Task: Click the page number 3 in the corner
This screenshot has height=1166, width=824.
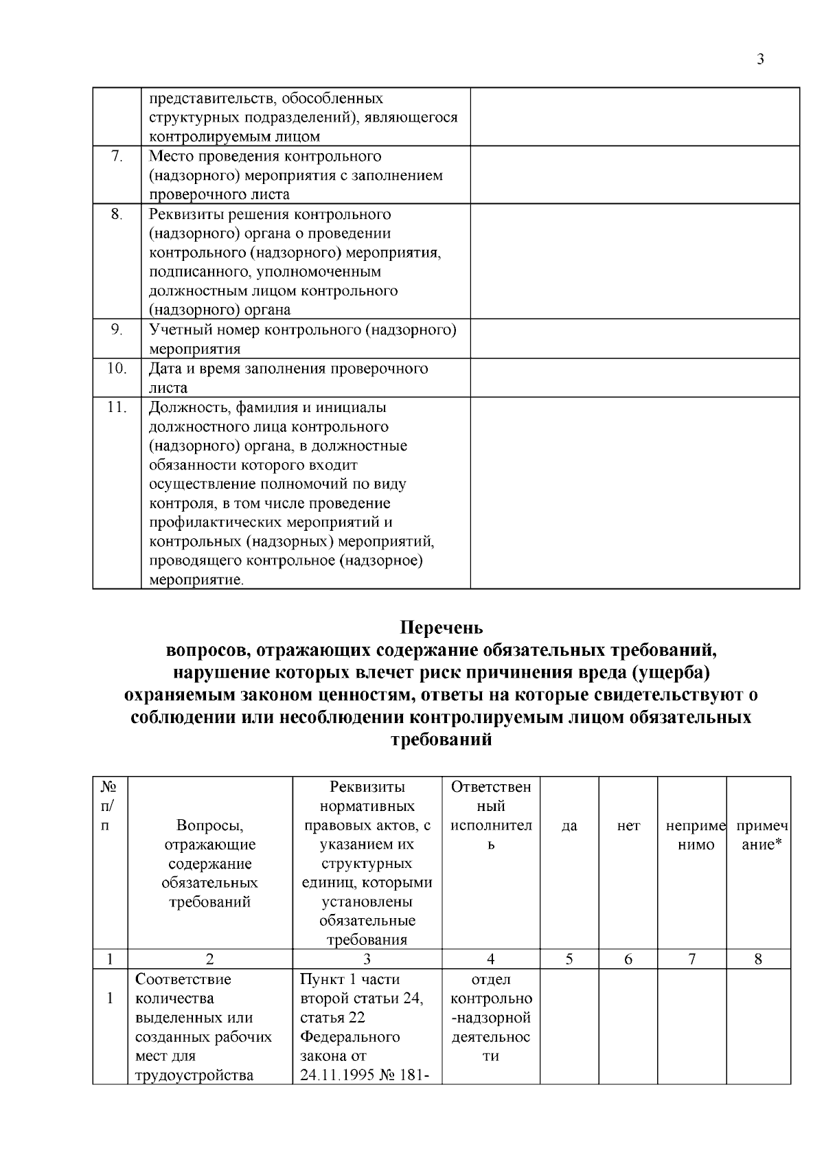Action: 760,59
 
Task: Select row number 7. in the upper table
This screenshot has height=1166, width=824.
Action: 117,157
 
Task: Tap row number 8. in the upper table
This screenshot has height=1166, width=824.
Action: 117,214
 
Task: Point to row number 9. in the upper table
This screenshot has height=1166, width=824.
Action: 117,330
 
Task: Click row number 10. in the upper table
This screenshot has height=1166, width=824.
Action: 117,369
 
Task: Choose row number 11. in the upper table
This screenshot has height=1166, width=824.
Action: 117,407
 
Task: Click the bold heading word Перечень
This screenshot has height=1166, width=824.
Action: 442,628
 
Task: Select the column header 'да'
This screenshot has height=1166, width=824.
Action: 569,826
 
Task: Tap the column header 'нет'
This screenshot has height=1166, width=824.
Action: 628,826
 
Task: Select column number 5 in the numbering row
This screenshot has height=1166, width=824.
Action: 569,959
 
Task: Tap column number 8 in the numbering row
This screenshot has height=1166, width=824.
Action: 758,959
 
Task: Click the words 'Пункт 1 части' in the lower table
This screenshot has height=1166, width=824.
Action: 350,979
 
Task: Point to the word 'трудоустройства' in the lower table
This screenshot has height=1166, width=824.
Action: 194,1075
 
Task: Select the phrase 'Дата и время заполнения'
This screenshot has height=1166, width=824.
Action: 238,369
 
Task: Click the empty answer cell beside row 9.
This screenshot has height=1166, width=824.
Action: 634,339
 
